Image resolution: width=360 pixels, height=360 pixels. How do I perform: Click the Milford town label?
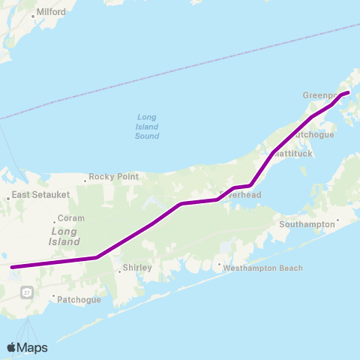pyautogui.click(x=49, y=12)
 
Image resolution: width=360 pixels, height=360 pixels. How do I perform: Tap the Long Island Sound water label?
pyautogui.click(x=147, y=126)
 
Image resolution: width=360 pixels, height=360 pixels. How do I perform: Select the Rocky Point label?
pyautogui.click(x=114, y=177)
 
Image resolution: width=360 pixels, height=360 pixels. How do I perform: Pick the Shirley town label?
pyautogui.click(x=136, y=268)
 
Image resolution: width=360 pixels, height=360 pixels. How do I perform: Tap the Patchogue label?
pyautogui.click(x=79, y=300)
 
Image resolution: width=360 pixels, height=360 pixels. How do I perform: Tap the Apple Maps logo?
pyautogui.click(x=27, y=347)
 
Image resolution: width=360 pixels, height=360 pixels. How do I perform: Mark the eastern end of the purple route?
pyautogui.click(x=348, y=93)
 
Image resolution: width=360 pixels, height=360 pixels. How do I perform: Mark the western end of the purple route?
pyautogui.click(x=11, y=266)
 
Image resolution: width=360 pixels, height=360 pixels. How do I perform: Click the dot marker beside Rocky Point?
pyautogui.click(x=86, y=177)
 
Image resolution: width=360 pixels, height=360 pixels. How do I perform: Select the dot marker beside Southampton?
pyautogui.click(x=337, y=220)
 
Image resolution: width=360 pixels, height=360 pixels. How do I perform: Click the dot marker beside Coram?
pyautogui.click(x=55, y=220)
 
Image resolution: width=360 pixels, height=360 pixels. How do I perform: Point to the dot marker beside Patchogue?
pyautogui.click(x=54, y=297)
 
